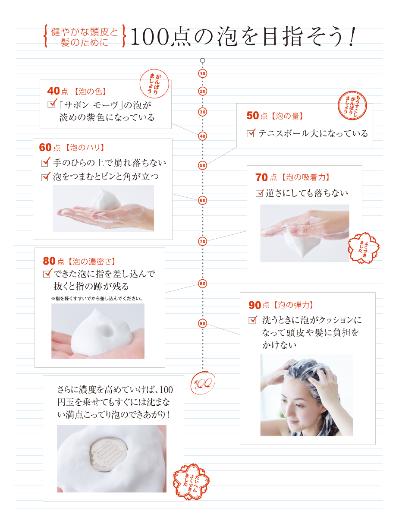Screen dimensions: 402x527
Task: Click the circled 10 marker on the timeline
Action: tap(202, 73)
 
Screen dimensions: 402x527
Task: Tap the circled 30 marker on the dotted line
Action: tap(202, 112)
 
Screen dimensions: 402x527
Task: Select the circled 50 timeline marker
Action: tap(202, 165)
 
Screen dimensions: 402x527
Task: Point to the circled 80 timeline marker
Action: tap(202, 284)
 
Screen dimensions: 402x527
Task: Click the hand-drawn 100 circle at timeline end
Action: tap(203, 383)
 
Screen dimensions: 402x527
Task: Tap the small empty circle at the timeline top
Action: tap(202, 60)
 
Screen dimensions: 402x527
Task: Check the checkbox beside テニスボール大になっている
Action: tap(251, 133)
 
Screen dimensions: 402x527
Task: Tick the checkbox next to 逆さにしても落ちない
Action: tap(260, 193)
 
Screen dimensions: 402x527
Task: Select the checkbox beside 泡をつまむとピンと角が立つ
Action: tap(45, 177)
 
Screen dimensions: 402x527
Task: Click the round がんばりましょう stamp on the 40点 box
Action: tap(154, 84)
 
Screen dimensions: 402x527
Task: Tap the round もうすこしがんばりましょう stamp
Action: tap(352, 105)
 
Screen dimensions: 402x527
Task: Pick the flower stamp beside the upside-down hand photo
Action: tap(363, 248)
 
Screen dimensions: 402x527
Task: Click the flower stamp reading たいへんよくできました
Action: tap(191, 481)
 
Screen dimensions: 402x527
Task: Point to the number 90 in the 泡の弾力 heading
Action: tap(255, 305)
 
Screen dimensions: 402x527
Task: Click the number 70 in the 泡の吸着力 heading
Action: tap(261, 177)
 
